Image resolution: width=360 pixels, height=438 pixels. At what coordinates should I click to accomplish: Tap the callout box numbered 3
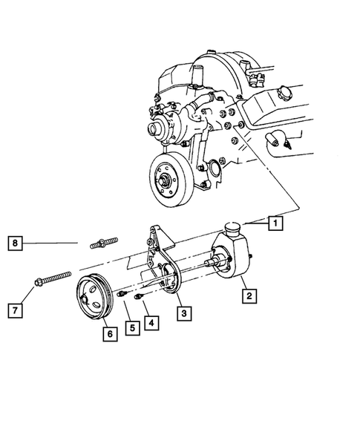(x=183, y=313)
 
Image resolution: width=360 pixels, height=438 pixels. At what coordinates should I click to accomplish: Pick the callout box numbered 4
(x=151, y=323)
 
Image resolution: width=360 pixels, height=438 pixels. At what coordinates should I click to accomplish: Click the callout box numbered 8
(x=14, y=241)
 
